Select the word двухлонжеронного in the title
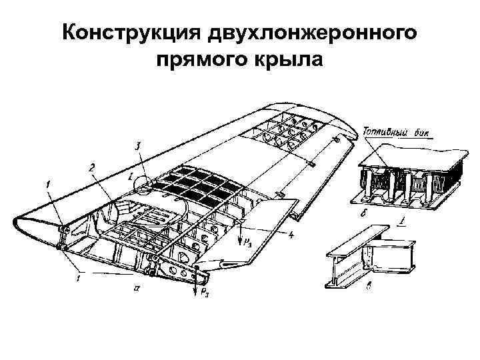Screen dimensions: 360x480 [x=313, y=34]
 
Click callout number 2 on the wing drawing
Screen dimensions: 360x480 [x=92, y=166]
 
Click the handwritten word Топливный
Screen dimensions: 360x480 [x=385, y=131]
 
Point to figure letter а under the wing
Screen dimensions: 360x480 [x=136, y=288]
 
